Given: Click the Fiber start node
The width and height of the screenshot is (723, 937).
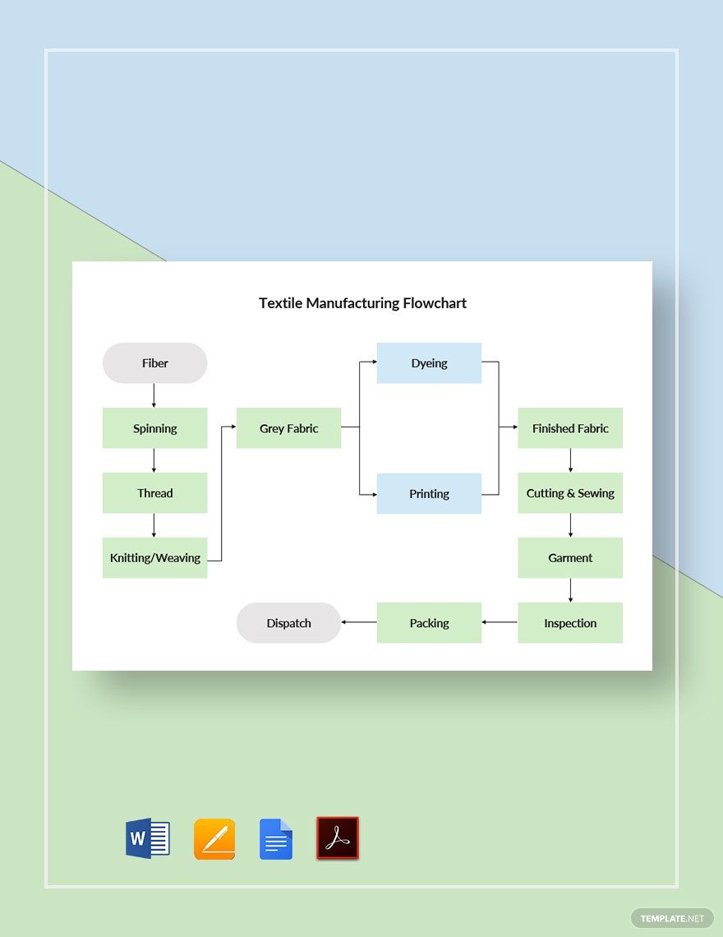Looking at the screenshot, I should coord(154,362).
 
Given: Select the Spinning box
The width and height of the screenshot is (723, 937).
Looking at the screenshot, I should coord(154,428).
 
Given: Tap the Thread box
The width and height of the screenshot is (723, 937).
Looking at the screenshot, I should coord(154,493).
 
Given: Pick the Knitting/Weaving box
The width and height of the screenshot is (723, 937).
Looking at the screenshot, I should coord(154,558).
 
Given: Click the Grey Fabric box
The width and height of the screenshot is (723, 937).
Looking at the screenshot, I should coord(288,428).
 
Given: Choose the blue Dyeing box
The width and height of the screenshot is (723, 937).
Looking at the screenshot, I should coord(429,363).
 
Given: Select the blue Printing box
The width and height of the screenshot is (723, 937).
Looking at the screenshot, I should coord(429,494).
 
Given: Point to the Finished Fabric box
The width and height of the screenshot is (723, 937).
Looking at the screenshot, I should coord(570,428).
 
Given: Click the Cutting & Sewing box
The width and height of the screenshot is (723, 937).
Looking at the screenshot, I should coord(570,493).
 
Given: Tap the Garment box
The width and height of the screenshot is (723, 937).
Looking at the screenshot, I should coord(570,558).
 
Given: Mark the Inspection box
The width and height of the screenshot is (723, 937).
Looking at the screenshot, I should coord(570,623).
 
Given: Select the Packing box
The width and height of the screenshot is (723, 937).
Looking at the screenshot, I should coord(429,623).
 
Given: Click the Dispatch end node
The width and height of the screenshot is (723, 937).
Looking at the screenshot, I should coord(288,623).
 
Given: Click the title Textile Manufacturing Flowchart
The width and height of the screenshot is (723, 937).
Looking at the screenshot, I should coord(362,302).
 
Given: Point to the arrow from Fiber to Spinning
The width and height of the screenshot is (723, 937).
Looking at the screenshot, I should coord(154,395).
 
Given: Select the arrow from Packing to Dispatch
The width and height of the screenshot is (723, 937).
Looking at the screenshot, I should coord(358,622).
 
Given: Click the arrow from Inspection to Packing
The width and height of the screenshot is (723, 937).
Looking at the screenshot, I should coord(500,622).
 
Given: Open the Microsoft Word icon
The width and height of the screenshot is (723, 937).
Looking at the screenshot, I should coord(148,838).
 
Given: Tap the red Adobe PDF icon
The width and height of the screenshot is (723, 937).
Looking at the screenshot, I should coord(338,838).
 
